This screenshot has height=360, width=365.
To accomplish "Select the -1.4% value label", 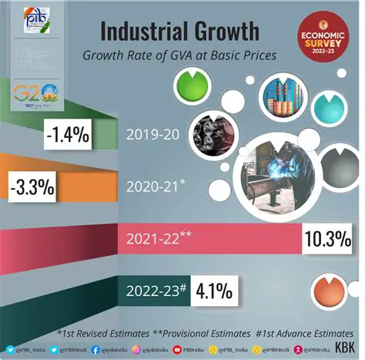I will [x=69, y=136].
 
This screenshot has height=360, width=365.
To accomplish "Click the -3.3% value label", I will [x=30, y=187].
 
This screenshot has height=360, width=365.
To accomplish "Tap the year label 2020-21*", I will [x=159, y=185].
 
